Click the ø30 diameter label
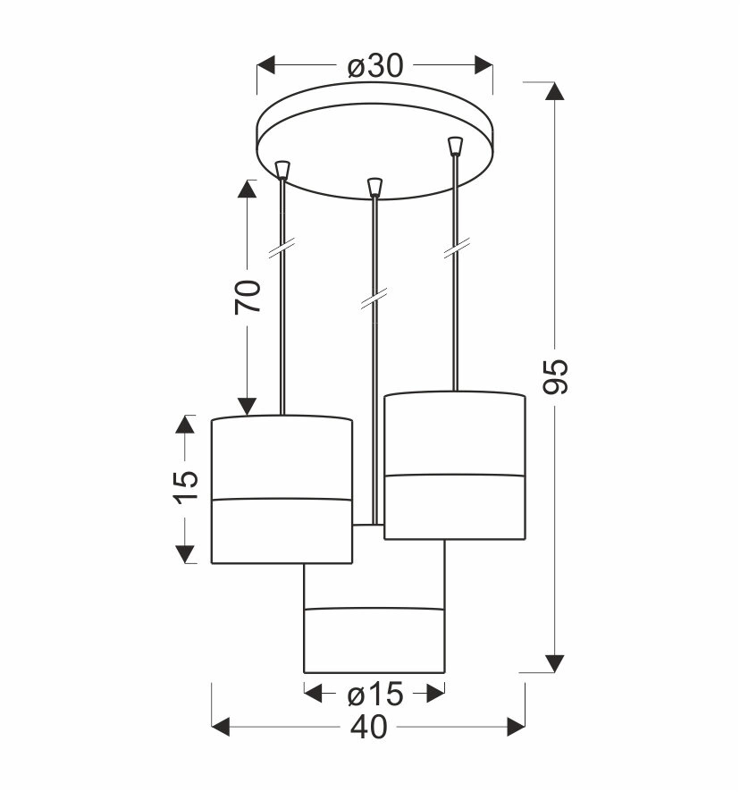(x=375, y=66)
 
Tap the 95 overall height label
(x=556, y=376)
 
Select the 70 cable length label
(x=248, y=297)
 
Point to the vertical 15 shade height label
(x=186, y=487)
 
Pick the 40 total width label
(x=369, y=728)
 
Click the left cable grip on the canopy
(x=283, y=170)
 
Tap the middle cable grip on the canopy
(x=374, y=187)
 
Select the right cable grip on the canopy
(x=455, y=146)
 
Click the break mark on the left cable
(x=282, y=248)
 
